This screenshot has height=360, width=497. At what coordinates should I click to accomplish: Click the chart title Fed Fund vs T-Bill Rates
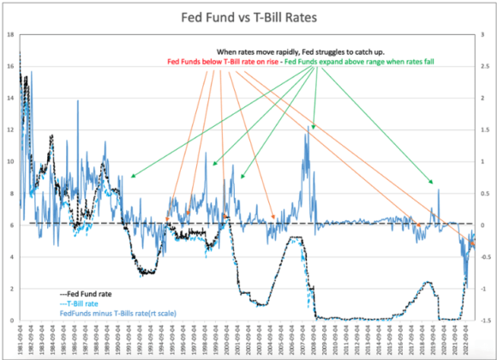(x=248, y=17)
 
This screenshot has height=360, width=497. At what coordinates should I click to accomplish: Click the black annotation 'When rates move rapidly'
(x=296, y=51)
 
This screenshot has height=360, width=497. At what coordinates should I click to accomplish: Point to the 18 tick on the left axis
(x=9, y=34)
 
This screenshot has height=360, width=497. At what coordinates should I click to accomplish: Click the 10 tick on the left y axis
(x=9, y=161)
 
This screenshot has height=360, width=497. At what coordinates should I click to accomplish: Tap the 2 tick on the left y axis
(x=9, y=288)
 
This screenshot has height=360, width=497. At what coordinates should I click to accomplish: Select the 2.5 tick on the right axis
(x=487, y=34)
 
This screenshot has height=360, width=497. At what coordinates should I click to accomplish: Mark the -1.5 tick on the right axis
(x=486, y=320)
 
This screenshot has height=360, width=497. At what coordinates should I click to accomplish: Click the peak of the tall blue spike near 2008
(x=308, y=127)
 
